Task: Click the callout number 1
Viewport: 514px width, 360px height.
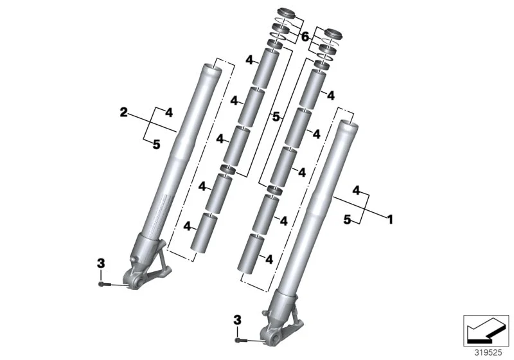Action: coord(390,219)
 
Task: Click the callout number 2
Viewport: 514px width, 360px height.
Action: coord(123,113)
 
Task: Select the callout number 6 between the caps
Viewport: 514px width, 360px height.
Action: coord(305,37)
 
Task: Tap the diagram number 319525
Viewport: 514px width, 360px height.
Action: coord(488,353)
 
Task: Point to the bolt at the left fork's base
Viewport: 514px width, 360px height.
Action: coord(104,285)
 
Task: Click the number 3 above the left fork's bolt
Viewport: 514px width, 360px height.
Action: coord(101,263)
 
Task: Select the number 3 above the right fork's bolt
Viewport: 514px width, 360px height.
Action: coord(237,319)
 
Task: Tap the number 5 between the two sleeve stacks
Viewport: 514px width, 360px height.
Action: coord(276,116)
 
